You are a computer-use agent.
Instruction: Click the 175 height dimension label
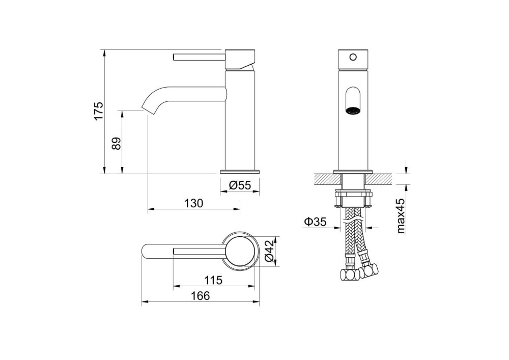[x=99, y=110]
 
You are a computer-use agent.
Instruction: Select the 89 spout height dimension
[x=116, y=143]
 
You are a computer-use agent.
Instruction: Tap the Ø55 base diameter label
[x=240, y=185]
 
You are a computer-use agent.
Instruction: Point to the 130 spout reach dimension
[x=194, y=203]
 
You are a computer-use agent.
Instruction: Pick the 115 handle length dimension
[x=213, y=280]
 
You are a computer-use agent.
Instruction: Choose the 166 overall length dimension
[x=200, y=296]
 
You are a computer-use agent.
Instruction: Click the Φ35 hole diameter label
[x=315, y=222]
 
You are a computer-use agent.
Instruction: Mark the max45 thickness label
[x=401, y=216]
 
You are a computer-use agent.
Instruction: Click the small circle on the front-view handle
[x=353, y=58]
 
